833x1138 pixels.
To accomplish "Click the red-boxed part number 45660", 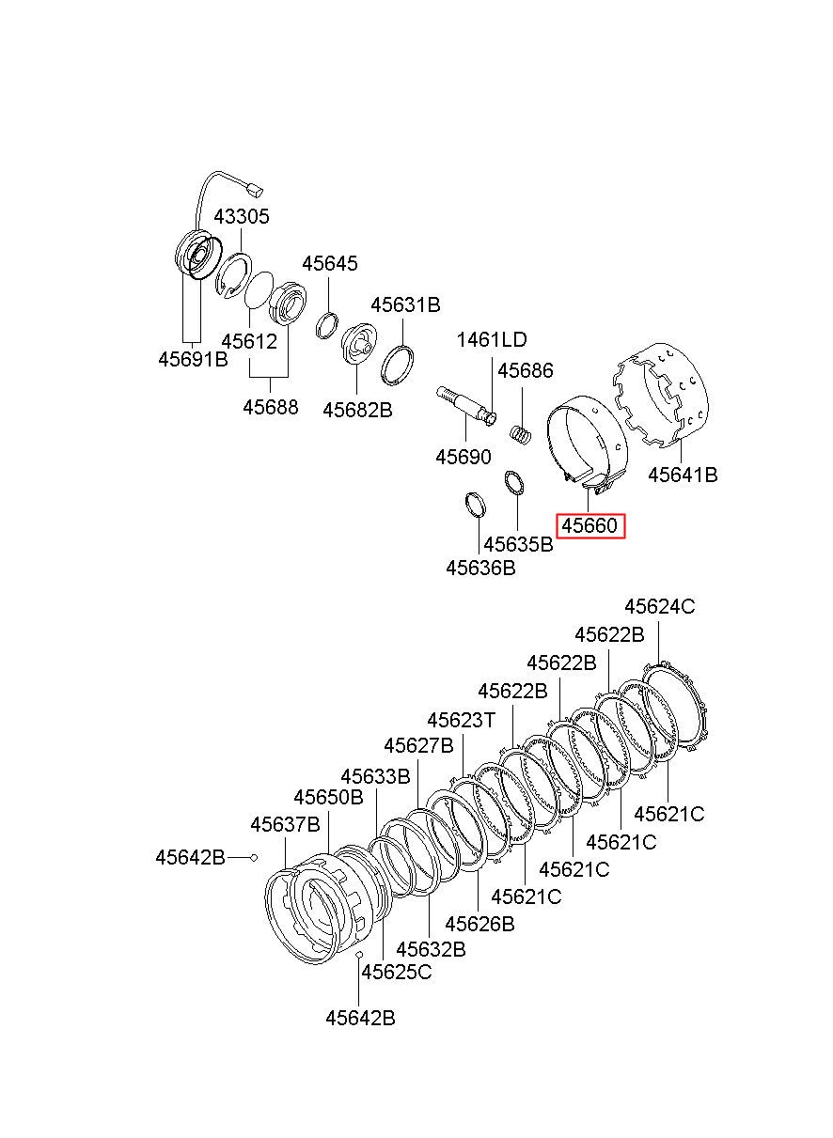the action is click(x=589, y=526).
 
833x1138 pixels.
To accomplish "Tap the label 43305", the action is click(x=241, y=216).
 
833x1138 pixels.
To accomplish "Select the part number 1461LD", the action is click(x=492, y=339).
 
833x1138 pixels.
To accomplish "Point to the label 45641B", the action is click(x=683, y=475).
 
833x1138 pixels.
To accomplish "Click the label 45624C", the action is click(x=659, y=607).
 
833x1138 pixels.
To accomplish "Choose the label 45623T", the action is click(x=461, y=720).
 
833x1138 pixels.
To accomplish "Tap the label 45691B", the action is click(x=193, y=359).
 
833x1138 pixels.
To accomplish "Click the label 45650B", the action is click(x=328, y=797).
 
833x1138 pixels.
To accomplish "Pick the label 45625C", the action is click(x=397, y=972).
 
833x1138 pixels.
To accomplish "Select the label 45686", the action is click(x=525, y=370).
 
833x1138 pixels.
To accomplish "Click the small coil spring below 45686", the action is click(x=521, y=435).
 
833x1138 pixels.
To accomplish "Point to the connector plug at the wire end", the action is click(x=256, y=191).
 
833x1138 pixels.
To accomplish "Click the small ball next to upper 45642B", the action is click(x=254, y=858).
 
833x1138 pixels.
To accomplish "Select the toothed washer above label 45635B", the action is click(x=514, y=483).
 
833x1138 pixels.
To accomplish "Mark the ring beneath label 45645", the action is click(x=327, y=325).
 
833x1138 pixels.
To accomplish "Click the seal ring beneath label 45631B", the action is click(x=397, y=365).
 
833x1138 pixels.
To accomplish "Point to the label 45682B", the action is click(x=357, y=410).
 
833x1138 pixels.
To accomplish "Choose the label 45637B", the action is click(x=285, y=824).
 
